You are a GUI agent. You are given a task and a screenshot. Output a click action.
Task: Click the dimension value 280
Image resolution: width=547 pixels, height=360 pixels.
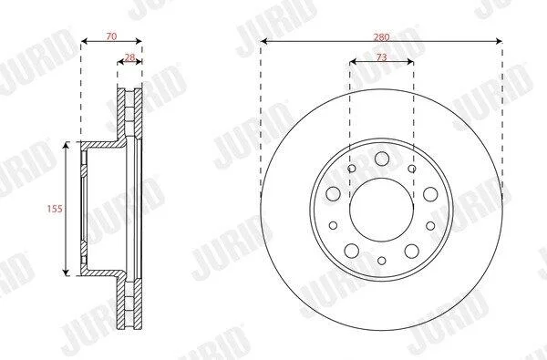tap(381, 37)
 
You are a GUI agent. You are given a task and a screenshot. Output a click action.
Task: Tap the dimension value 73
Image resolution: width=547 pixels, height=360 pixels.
tap(382, 57)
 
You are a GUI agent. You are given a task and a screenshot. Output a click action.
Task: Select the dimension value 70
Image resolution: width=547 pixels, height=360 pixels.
tap(111, 36)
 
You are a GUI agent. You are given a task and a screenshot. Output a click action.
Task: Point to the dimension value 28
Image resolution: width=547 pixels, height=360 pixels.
tap(129, 57)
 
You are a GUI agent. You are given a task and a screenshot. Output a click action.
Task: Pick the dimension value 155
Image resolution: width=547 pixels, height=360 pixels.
tap(55, 209)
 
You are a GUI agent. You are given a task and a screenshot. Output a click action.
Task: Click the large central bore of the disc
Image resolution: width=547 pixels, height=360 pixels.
tap(382, 210)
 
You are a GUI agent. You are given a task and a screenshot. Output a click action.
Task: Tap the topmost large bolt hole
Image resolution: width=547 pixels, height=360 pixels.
tap(382, 159)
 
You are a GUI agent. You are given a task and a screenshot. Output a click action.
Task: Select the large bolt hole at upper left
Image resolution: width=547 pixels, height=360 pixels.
tap(333, 193)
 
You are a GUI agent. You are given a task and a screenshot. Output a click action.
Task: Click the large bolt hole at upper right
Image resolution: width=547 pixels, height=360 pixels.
tap(430, 194)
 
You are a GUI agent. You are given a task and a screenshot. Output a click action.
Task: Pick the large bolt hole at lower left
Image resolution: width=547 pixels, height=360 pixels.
tap(352, 251)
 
